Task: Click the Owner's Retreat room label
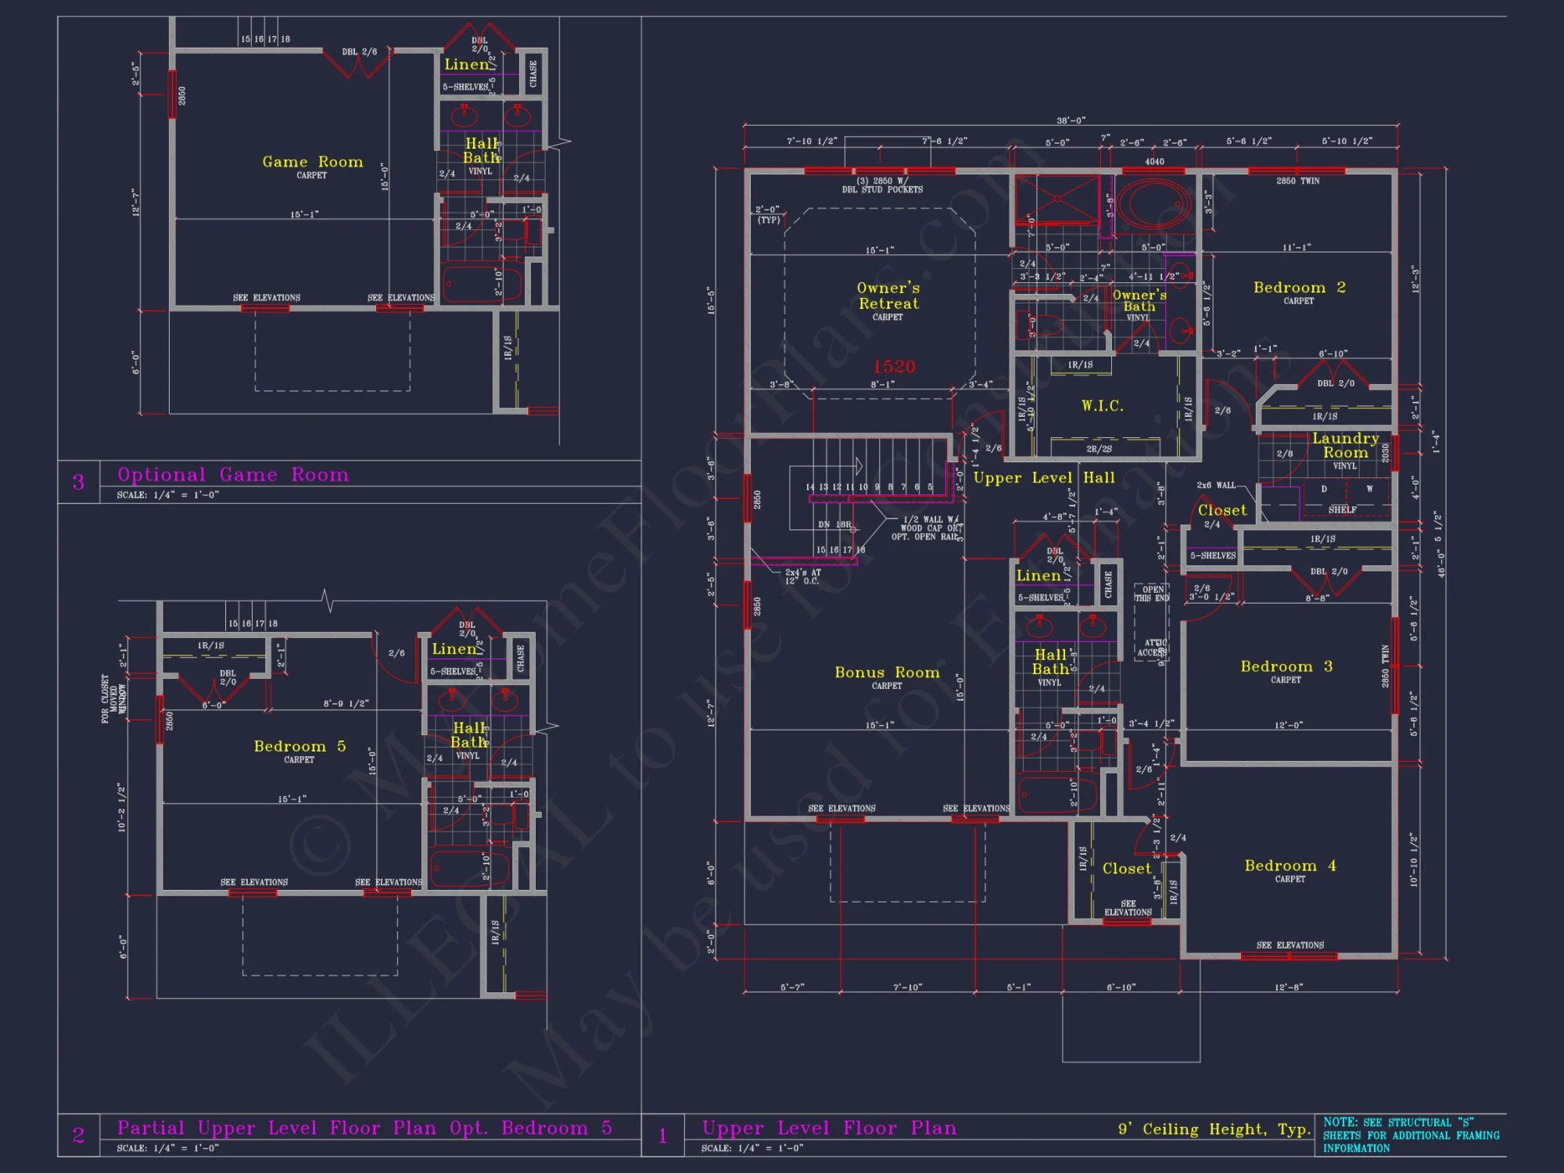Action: (x=888, y=296)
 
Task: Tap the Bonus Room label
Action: (x=887, y=673)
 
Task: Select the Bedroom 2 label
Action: (x=1299, y=288)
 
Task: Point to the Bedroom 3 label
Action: (x=1286, y=666)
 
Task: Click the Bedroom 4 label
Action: (x=1290, y=866)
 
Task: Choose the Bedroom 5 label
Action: (x=300, y=746)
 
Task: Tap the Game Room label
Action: (x=312, y=162)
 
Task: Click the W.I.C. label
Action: (x=1102, y=406)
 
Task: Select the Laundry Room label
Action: (x=1345, y=445)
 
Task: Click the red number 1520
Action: (x=894, y=367)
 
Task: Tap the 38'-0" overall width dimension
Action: (x=1071, y=120)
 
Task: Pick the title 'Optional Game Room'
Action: (x=233, y=475)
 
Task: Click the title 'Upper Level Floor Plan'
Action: (x=829, y=1128)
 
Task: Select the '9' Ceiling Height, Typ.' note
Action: (x=1214, y=1129)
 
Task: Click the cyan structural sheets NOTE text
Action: (x=1411, y=1135)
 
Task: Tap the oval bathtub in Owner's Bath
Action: (x=1153, y=203)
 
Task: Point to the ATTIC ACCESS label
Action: (x=1152, y=647)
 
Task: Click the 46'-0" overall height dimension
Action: (x=1440, y=561)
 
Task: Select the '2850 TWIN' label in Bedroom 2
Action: (x=1297, y=181)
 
